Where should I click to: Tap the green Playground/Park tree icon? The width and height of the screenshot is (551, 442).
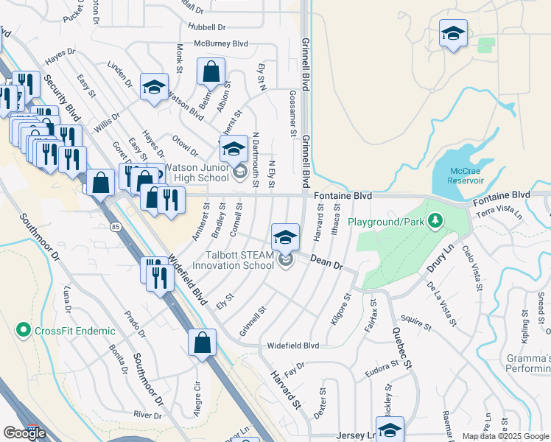435,220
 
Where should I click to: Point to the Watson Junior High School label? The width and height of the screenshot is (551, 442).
196,172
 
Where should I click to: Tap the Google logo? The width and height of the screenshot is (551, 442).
24,432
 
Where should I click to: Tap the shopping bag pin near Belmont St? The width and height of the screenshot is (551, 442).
211,72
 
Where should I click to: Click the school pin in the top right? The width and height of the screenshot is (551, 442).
453,33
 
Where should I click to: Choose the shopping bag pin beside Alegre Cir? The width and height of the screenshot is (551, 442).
202,343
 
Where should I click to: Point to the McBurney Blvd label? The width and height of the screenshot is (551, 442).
220,43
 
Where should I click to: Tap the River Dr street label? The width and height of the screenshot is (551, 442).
147,415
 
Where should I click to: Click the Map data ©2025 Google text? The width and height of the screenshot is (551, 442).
505,436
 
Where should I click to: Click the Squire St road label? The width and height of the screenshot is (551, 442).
415,321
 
